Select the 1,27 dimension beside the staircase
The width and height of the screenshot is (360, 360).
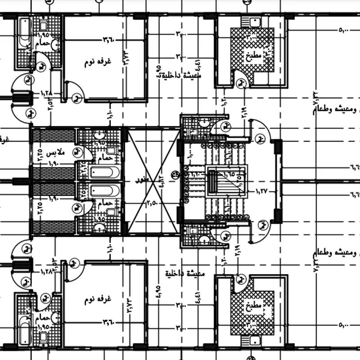click(261, 190)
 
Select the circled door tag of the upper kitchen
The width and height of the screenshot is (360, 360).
click(243, 82)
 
